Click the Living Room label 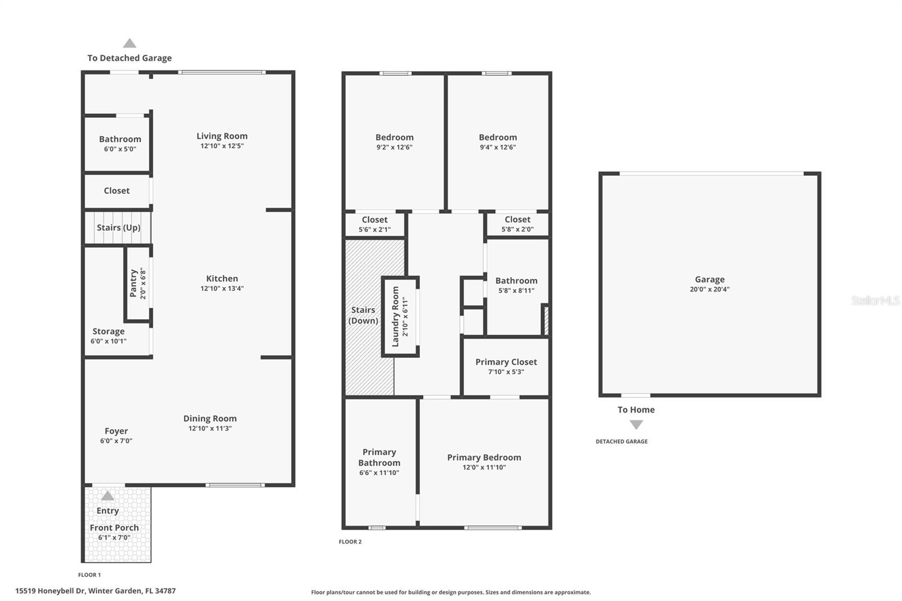222,136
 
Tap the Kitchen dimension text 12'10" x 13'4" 222,289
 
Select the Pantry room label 134,283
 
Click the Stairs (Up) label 118,227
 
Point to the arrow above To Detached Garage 130,43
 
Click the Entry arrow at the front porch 108,496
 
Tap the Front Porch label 114,528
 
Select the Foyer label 116,431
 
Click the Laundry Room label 395,316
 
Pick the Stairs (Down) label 363,315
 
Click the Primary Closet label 506,362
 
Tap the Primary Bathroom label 379,457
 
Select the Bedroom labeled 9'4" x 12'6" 498,138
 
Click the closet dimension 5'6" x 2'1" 374,229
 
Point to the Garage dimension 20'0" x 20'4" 709,289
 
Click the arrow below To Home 636,425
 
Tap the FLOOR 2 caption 350,542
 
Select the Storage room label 108,332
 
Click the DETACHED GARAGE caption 621,441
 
